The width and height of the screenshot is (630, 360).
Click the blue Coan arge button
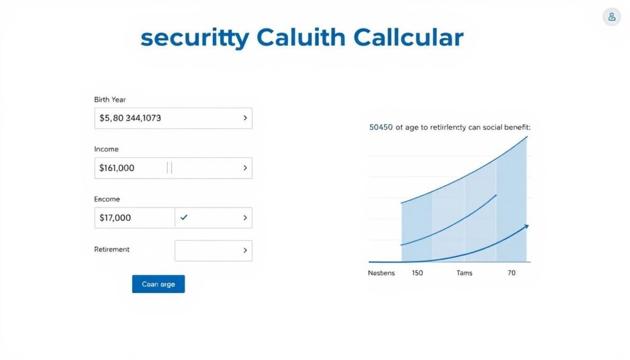(x=158, y=284)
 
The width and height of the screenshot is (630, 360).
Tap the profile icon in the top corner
(x=612, y=17)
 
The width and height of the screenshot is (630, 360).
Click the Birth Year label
(x=110, y=99)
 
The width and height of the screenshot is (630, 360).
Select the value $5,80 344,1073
(x=130, y=118)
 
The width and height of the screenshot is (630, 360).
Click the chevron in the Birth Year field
(x=245, y=118)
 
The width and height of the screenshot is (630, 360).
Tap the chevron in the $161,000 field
(x=245, y=167)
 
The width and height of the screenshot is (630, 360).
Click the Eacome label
(x=107, y=199)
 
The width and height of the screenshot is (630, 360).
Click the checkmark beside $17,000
(x=184, y=217)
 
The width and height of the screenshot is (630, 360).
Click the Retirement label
(x=112, y=249)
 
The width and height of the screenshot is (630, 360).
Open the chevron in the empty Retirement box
(x=245, y=250)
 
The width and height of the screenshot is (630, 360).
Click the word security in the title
(x=194, y=38)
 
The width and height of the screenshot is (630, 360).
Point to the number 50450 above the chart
(x=381, y=127)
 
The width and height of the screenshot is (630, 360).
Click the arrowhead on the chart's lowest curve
(x=525, y=227)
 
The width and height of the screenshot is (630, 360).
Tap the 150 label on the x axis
(x=417, y=272)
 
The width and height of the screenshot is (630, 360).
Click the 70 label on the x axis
(x=511, y=272)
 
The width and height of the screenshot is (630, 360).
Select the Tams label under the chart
(x=464, y=272)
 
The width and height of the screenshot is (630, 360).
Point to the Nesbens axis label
(x=381, y=272)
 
